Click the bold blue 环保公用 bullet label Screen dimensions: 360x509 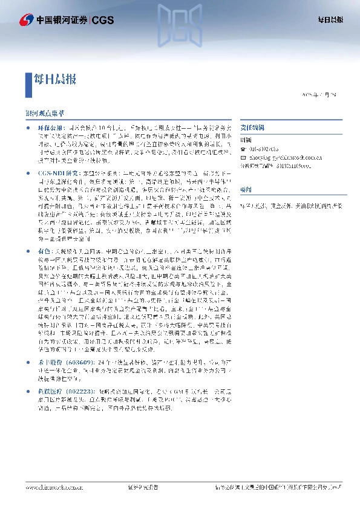click(x=50, y=129)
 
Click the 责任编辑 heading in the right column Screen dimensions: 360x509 click(x=250, y=128)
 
